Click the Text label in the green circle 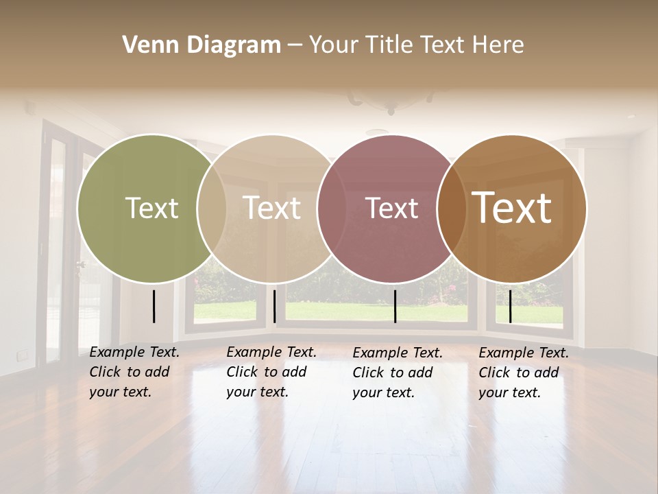(151, 208)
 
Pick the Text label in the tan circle (272, 208)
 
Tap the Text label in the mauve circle (392, 208)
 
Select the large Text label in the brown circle (512, 208)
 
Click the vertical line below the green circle (154, 306)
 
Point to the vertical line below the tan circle (275, 306)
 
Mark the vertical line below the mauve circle (395, 306)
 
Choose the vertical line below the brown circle (510, 306)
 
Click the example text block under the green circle (134, 372)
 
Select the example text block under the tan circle (271, 372)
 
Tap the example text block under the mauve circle (398, 373)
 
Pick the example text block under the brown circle (524, 373)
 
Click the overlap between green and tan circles (212, 208)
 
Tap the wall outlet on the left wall (23, 355)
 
